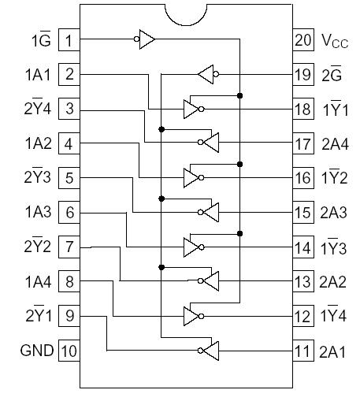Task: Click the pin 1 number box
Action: tap(70, 39)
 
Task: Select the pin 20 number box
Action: tap(302, 39)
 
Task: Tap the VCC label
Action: tap(333, 40)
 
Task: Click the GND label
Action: tap(36, 351)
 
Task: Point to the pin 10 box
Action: tap(70, 351)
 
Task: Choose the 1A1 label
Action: tap(38, 75)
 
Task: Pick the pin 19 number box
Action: tap(302, 75)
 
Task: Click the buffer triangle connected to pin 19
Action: tap(206, 75)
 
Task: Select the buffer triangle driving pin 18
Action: tap(191, 109)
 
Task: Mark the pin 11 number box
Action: tap(302, 351)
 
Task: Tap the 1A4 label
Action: tap(38, 281)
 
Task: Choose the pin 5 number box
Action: tap(70, 178)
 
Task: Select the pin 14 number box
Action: tap(302, 247)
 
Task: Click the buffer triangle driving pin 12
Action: tap(191, 316)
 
